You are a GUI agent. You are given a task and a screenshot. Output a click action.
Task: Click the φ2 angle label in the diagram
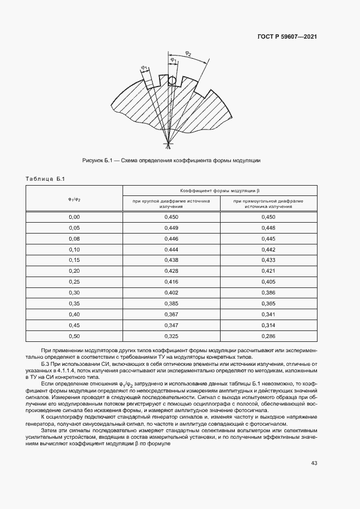coord(188,53)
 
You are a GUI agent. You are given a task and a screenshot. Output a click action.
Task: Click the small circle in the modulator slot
coord(172,81)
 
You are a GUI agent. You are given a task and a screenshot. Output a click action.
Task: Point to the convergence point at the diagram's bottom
coord(168,144)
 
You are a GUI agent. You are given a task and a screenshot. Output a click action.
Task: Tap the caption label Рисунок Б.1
coord(97,161)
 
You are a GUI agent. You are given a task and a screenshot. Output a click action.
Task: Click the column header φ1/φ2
coord(74,198)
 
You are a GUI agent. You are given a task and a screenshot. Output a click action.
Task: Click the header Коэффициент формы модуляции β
coord(220,191)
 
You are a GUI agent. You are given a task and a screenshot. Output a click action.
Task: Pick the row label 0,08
coord(74,238)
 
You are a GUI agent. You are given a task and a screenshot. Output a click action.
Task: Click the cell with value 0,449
coord(171,228)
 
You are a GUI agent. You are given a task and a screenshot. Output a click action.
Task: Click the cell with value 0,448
coord(269,228)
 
